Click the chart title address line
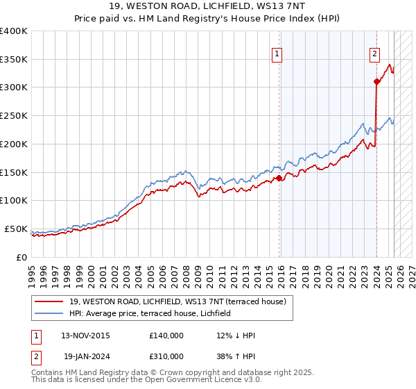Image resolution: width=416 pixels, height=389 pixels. tap(207, 8)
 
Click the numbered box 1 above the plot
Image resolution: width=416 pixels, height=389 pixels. tap(277, 54)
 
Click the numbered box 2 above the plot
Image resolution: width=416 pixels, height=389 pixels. tap(375, 54)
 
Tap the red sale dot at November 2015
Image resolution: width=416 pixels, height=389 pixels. tap(279, 178)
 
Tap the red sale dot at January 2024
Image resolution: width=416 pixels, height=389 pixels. tap(376, 82)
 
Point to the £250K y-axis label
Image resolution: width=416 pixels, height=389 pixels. tap(14, 116)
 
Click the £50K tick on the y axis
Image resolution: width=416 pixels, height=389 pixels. tap(17, 229)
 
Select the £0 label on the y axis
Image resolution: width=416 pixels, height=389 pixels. tap(21, 257)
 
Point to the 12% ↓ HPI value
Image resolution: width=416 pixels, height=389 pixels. tap(236, 336)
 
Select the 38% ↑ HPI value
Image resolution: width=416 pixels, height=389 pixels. tap(236, 356)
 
